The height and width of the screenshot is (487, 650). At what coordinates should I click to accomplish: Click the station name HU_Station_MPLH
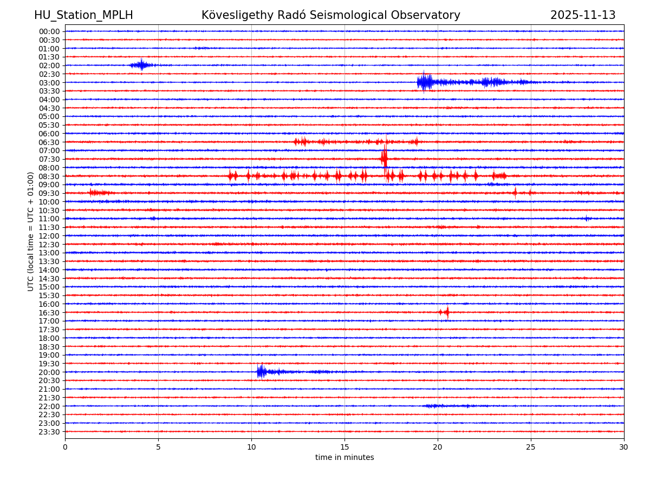pyautogui.click(x=83, y=15)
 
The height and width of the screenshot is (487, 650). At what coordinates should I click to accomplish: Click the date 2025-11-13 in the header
pyautogui.click(x=583, y=15)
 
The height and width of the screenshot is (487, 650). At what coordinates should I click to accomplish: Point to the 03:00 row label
pyautogui.click(x=49, y=82)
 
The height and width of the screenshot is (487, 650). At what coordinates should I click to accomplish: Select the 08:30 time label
pyautogui.click(x=49, y=176)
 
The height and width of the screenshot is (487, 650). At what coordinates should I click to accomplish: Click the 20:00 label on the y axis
pyautogui.click(x=49, y=372)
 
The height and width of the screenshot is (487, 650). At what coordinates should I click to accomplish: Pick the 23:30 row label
pyautogui.click(x=49, y=431)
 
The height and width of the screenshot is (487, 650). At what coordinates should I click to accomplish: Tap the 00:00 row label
pyautogui.click(x=49, y=31)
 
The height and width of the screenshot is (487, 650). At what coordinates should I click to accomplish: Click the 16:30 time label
pyautogui.click(x=49, y=312)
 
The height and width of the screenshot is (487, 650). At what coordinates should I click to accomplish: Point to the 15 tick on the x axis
pyautogui.click(x=344, y=447)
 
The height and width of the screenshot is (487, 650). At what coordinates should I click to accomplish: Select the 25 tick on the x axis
pyautogui.click(x=531, y=447)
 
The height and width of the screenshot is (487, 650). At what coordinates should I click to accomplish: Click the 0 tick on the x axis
pyautogui.click(x=65, y=447)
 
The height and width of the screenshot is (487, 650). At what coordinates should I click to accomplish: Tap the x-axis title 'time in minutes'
pyautogui.click(x=344, y=457)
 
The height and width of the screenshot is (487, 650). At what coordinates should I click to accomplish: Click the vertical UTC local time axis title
pyautogui.click(x=31, y=231)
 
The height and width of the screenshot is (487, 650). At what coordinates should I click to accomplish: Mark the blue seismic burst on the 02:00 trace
pyautogui.click(x=141, y=65)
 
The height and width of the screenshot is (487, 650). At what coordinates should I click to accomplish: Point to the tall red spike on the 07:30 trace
pyautogui.click(x=384, y=158)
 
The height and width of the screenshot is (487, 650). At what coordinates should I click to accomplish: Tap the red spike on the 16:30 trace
pyautogui.click(x=446, y=312)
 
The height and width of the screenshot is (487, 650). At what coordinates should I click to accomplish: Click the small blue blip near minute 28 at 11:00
pyautogui.click(x=586, y=218)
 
